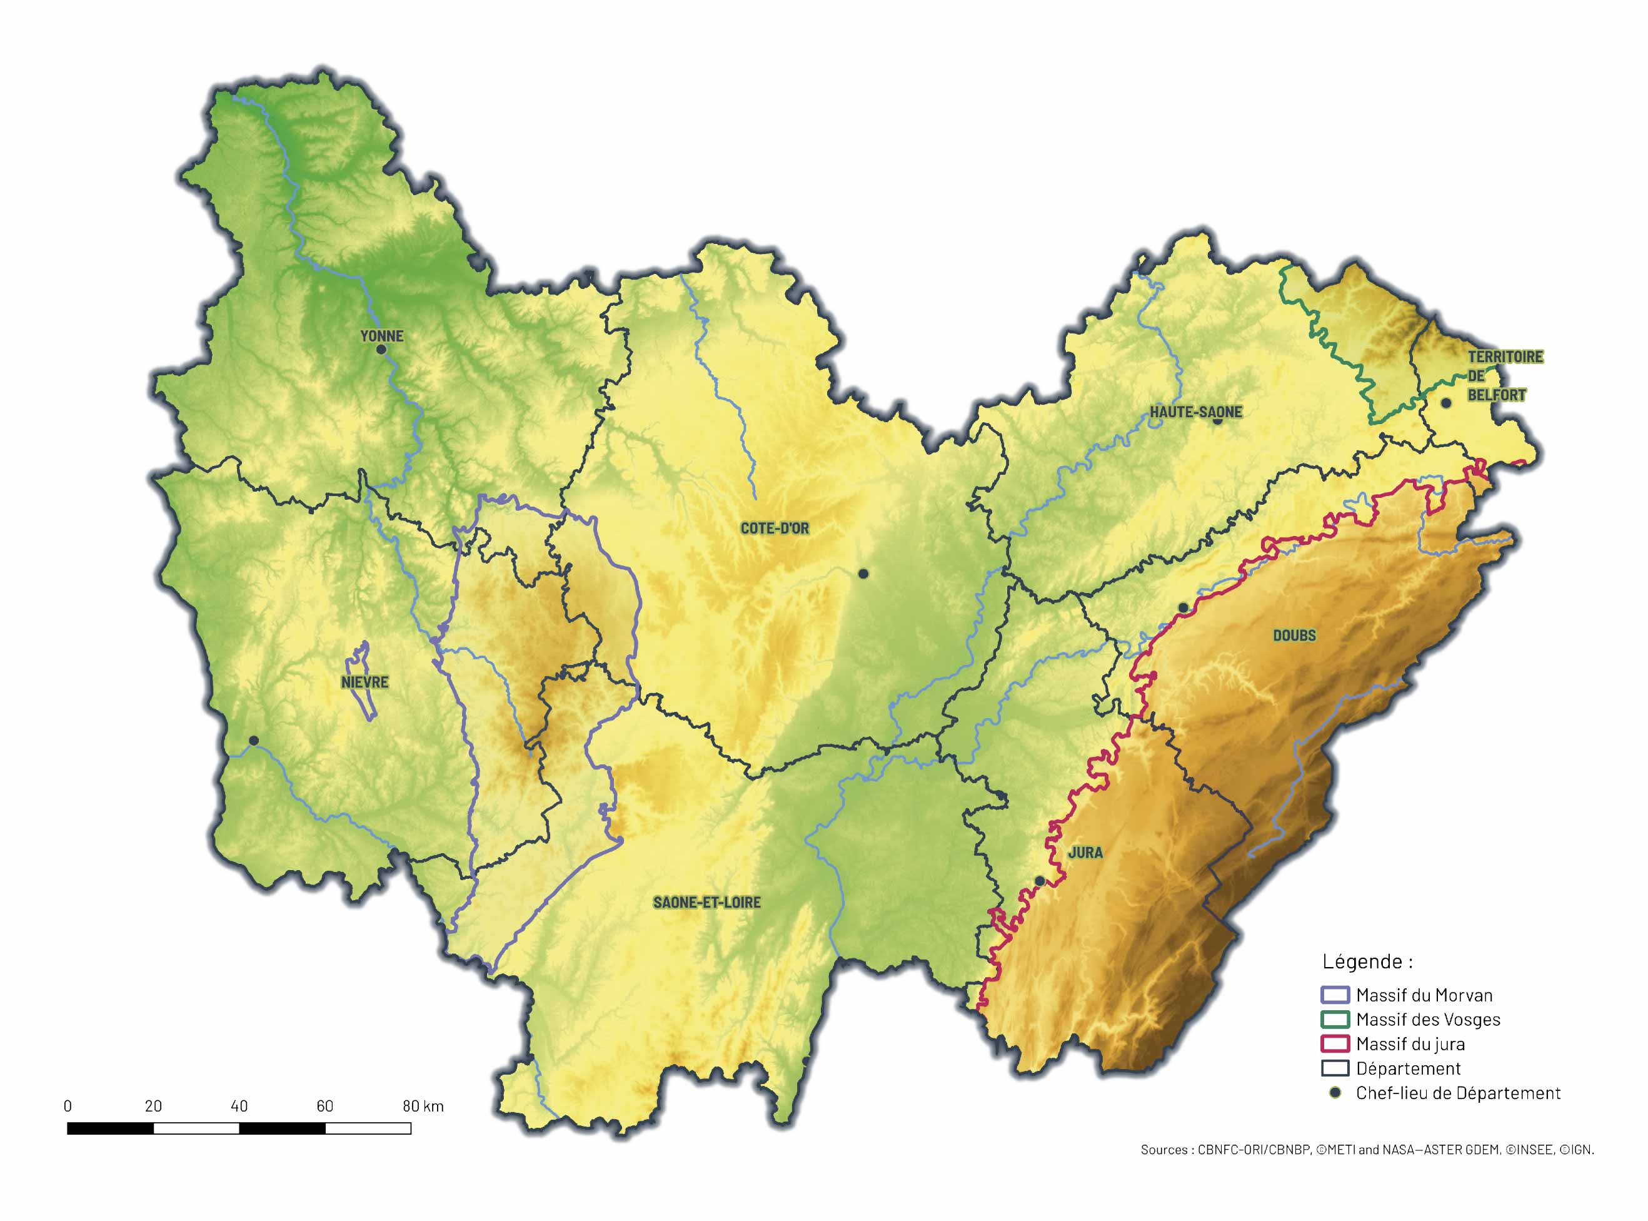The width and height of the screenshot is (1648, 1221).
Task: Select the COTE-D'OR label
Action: click(x=774, y=529)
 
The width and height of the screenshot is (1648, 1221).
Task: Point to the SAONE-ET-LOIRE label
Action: click(x=706, y=903)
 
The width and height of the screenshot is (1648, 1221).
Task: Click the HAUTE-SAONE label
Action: click(x=1195, y=412)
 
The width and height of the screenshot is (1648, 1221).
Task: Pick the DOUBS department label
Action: click(x=1294, y=635)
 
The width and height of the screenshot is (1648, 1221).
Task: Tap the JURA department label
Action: click(x=1085, y=852)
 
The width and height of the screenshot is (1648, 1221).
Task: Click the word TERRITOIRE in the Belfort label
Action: click(x=1505, y=357)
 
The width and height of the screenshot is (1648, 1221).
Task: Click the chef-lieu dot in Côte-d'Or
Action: click(x=863, y=574)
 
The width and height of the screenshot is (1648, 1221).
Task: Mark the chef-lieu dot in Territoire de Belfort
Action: click(x=1445, y=403)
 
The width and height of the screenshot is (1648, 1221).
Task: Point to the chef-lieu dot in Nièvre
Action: click(x=253, y=740)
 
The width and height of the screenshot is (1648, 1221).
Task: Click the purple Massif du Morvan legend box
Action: click(x=1334, y=995)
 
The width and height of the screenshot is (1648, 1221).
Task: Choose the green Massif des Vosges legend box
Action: click(x=1334, y=1019)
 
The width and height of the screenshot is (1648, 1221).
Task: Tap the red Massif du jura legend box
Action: click(x=1334, y=1043)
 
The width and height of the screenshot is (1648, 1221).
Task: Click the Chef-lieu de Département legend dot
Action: click(x=1335, y=1092)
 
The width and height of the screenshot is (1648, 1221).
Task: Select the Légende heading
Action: click(x=1367, y=961)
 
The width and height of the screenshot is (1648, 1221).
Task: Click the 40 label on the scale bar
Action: click(x=239, y=1107)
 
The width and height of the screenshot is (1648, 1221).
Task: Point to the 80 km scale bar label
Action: click(x=423, y=1107)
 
